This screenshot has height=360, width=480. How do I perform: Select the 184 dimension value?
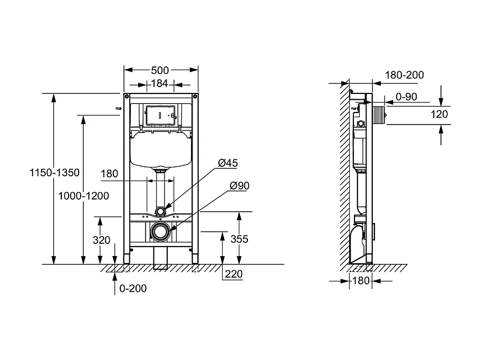pyautogui.click(x=159, y=83)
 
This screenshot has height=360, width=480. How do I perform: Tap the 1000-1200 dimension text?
pyautogui.click(x=84, y=196)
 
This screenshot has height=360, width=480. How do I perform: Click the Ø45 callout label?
pyautogui.click(x=227, y=163)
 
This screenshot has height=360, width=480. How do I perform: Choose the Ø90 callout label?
pyautogui.click(x=239, y=185)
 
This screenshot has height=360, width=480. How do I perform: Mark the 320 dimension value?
pyautogui.click(x=101, y=240)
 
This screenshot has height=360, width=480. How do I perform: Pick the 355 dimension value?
pyautogui.click(x=239, y=239)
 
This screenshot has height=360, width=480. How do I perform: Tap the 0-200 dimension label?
pyautogui.click(x=133, y=288)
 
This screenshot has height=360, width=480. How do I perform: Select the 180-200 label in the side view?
pyautogui.click(x=404, y=75)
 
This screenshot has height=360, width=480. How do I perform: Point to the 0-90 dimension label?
pyautogui.click(x=406, y=97)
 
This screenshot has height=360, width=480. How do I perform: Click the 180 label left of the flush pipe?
pyautogui.click(x=109, y=174)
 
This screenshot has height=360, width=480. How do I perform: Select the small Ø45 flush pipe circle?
pyautogui.click(x=160, y=212)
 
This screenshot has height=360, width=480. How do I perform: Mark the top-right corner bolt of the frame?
pyautogui.click(x=195, y=97)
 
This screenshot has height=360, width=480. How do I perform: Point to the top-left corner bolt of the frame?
pyautogui.click(x=127, y=97)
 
